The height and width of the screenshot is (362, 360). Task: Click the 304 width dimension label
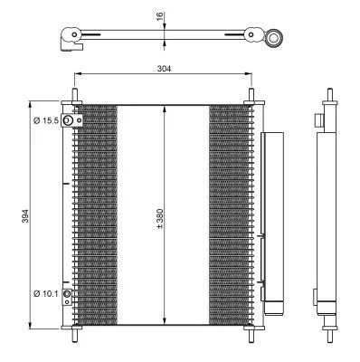click(164, 68)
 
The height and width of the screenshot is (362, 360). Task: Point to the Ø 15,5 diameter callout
click(45, 120)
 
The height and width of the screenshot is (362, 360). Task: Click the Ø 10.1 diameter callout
click(45, 293)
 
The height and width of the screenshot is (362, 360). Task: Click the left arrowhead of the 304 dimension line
click(76, 74)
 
